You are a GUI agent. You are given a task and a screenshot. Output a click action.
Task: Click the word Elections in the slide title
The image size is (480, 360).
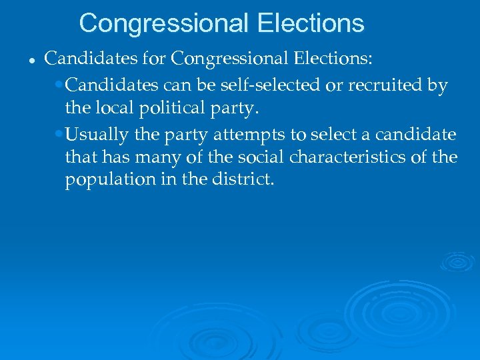(x=310, y=23)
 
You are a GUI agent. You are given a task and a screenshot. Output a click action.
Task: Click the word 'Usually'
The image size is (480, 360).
(x=97, y=135)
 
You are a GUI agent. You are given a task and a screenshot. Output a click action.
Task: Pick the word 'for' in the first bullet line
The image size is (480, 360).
(x=153, y=59)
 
